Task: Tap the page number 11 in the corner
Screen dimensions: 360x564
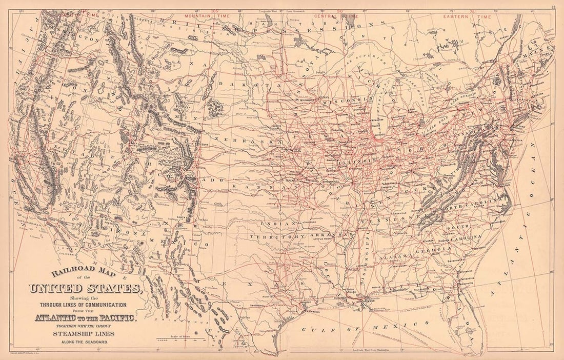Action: coord(554,7)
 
